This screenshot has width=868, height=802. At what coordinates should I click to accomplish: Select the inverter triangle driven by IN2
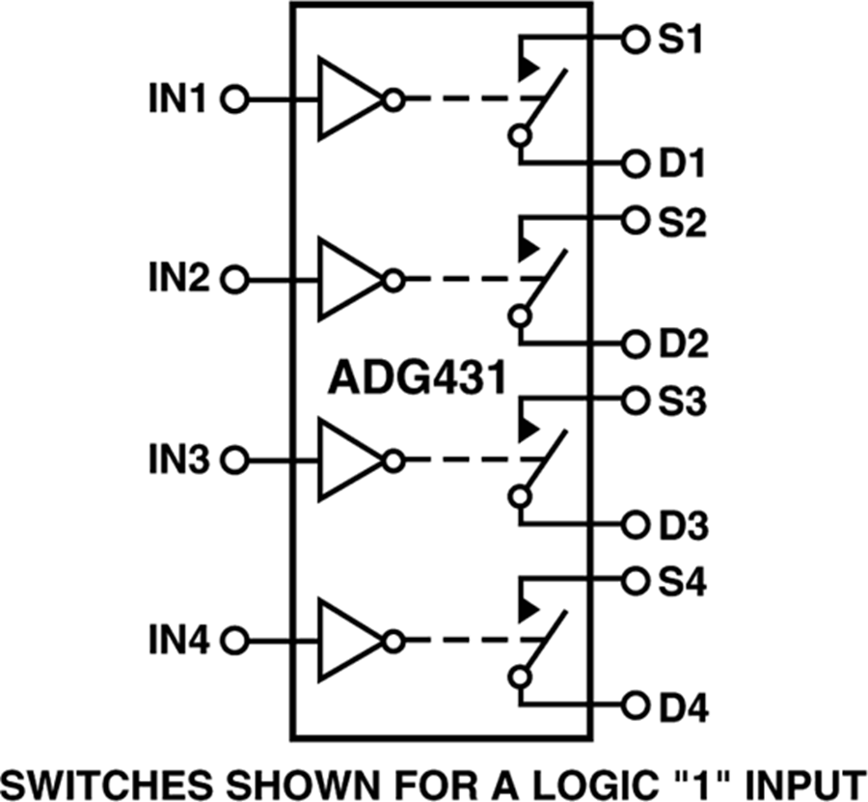pos(347,280)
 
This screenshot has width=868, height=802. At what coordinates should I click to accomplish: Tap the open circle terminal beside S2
pos(633,220)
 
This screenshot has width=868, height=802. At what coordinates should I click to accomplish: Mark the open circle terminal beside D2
pos(633,343)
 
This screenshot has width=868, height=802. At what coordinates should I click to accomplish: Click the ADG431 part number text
pos(416,378)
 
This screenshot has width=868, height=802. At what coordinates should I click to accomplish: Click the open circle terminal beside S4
pos(633,581)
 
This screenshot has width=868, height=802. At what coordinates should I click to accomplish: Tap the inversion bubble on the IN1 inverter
pos(393,98)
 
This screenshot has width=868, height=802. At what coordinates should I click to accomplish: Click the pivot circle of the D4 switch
pos(521,676)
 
